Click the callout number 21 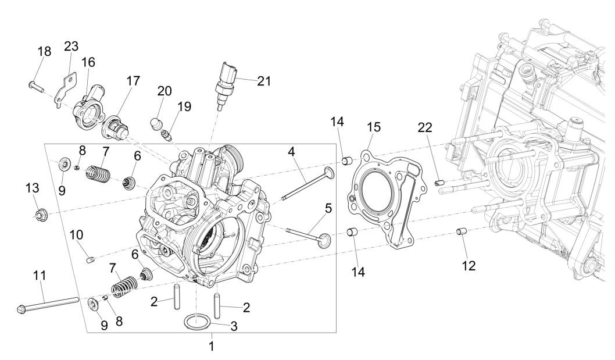click(264, 81)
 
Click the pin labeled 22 click(440, 183)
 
